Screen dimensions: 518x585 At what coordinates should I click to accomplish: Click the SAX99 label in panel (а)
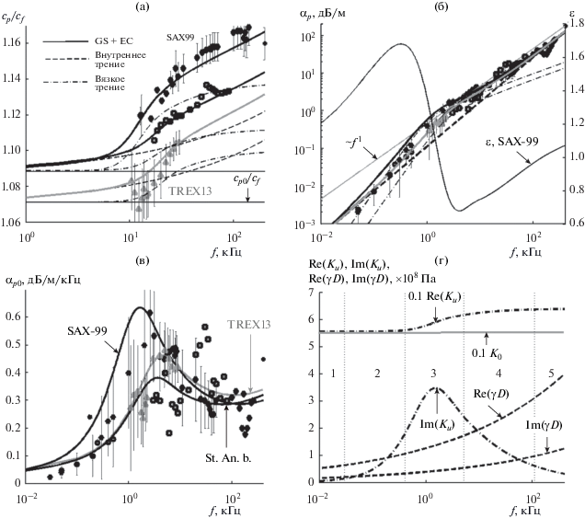tap(181, 37)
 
